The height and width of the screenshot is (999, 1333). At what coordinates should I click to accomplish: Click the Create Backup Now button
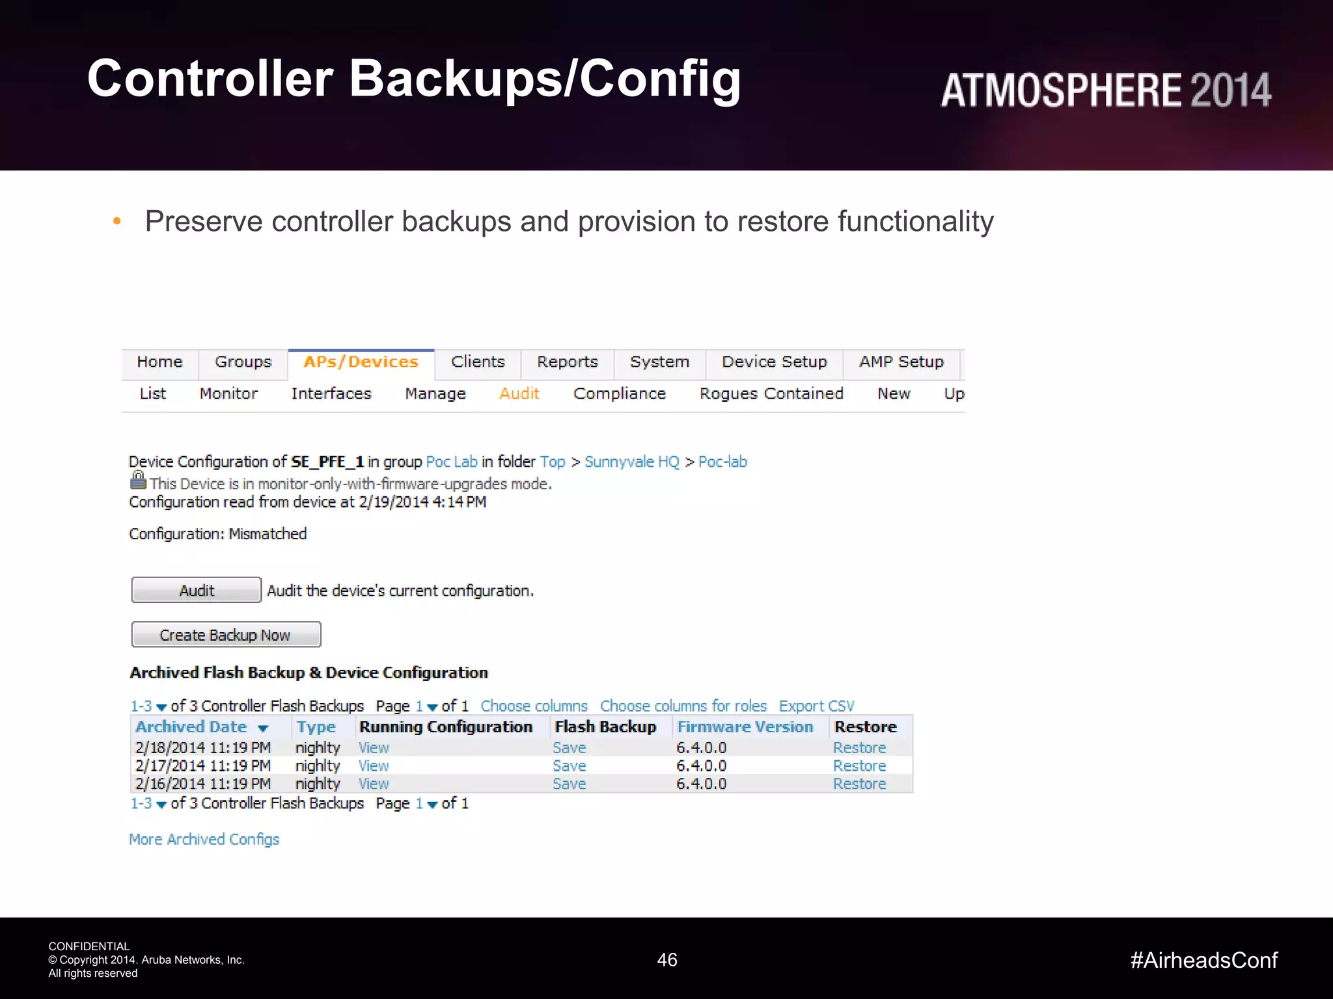(x=225, y=635)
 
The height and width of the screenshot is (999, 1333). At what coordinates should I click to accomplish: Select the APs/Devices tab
(x=361, y=362)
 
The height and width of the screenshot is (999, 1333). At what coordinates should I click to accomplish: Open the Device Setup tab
(x=774, y=362)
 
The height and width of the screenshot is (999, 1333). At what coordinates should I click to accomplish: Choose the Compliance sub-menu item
(x=619, y=394)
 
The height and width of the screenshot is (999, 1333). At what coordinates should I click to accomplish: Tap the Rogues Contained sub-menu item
(x=771, y=394)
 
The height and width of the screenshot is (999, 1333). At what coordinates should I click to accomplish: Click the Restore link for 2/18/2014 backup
(x=859, y=748)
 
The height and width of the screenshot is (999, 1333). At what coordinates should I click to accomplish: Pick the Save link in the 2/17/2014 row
(x=569, y=766)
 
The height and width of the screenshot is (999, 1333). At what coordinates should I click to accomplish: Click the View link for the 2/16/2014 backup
(x=374, y=784)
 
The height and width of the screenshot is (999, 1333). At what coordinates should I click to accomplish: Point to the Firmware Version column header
(x=745, y=727)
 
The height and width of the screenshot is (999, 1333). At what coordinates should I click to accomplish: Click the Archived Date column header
(x=191, y=727)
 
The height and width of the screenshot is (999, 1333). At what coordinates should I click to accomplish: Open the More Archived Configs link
(x=204, y=840)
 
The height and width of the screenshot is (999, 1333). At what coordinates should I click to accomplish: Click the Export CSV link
(x=816, y=706)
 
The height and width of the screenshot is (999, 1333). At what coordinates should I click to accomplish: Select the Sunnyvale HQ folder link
(x=631, y=462)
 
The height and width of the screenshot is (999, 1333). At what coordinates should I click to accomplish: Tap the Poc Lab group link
(x=452, y=462)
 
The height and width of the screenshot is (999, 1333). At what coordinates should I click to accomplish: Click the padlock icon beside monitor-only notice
(x=138, y=481)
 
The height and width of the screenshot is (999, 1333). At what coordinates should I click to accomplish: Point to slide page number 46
(x=667, y=960)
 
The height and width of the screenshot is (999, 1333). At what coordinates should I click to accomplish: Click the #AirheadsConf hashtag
(x=1203, y=960)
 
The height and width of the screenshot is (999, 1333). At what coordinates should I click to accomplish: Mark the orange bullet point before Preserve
(x=117, y=222)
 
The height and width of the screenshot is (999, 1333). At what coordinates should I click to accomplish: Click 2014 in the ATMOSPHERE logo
(x=1230, y=90)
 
